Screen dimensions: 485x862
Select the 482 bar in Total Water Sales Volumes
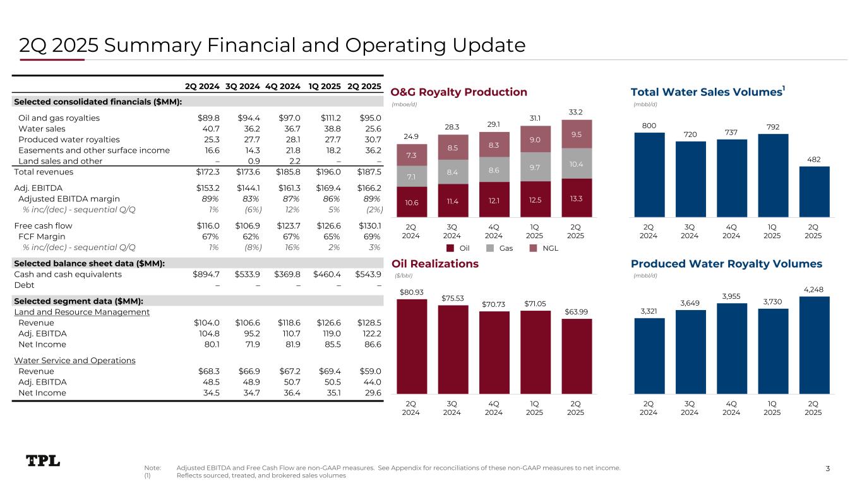(x=814, y=191)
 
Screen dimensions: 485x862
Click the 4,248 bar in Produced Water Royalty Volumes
(x=814, y=345)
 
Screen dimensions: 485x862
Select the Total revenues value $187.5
(x=369, y=172)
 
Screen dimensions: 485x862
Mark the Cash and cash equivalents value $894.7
(x=207, y=275)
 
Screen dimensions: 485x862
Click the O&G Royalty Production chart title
(x=459, y=92)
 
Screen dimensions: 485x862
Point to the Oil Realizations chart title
(x=435, y=263)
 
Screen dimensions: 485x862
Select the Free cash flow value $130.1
(x=369, y=225)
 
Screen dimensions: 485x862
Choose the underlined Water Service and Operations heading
(x=75, y=361)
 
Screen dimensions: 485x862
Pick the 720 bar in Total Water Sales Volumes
(x=690, y=179)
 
